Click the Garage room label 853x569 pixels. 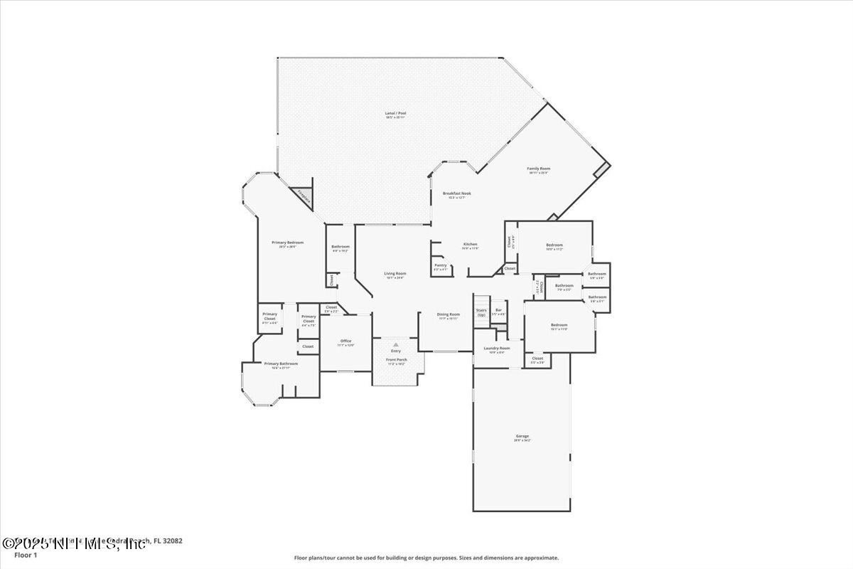522,436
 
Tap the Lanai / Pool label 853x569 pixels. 396,114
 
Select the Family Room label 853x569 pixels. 538,169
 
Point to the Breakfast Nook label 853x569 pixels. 456,193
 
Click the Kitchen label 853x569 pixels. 471,244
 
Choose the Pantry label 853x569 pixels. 441,265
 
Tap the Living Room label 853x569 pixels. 395,274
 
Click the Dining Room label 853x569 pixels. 448,314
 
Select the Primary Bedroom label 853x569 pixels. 288,243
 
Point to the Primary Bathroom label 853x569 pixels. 281,363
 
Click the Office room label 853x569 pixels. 346,341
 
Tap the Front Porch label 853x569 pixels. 396,360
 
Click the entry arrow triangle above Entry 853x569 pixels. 396,344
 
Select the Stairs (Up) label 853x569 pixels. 481,312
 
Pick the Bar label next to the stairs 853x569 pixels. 498,310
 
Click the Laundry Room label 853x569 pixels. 497,349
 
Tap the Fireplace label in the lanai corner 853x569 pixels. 304,196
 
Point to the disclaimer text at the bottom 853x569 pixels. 426,558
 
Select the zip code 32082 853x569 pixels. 173,541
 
